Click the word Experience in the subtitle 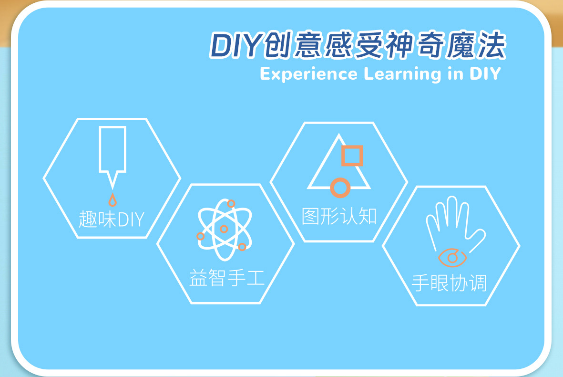pos(308,74)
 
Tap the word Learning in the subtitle pos(402,74)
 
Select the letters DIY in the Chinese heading pos(235,46)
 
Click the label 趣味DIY pos(112,219)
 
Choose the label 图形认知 pos(339,216)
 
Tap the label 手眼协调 pos(449,283)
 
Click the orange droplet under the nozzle pos(113,200)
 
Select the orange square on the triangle pos(352,156)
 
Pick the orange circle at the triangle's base pos(340,188)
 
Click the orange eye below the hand pos(452,257)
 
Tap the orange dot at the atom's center pos(224,229)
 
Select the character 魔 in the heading pos(461,45)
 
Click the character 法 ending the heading pos(491,45)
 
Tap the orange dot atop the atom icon pos(231,203)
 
